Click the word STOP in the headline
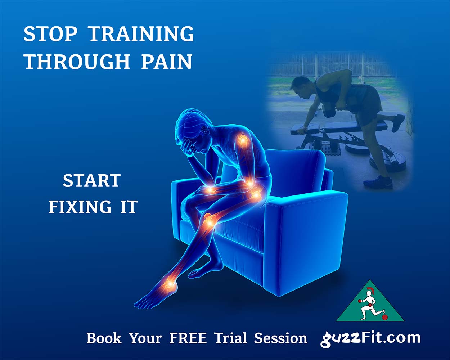pos(50,34)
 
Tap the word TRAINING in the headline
pos(141,34)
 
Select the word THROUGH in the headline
pos(77,62)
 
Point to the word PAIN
pos(166,62)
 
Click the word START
pos(91,181)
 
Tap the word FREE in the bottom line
pos(188,338)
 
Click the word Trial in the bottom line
pos(230,338)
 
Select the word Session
pos(280,338)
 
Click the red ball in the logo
pos(384,317)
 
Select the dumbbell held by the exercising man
pos(330,111)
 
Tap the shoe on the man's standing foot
pos(378,182)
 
